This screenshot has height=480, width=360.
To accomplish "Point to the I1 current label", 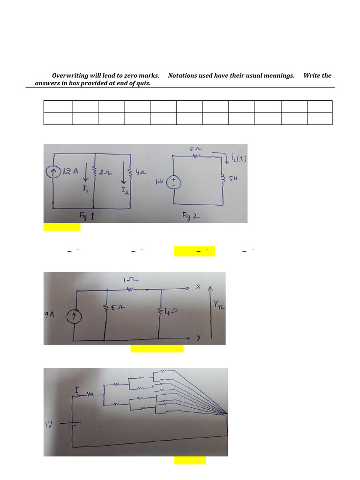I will click(x=85, y=188).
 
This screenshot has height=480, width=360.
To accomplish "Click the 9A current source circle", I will click(x=74, y=317).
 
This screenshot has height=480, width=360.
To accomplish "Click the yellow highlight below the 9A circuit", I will click(x=157, y=348).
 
